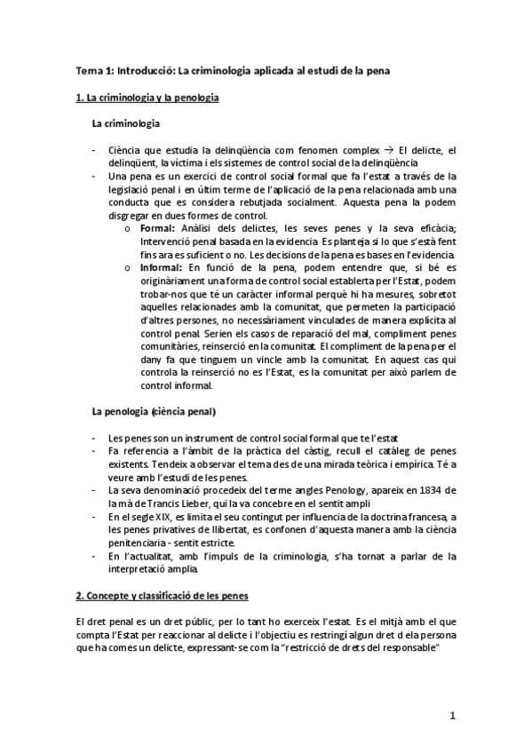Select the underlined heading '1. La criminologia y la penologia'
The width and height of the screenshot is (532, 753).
pyautogui.click(x=147, y=97)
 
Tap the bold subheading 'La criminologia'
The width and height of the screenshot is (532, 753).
pyautogui.click(x=126, y=124)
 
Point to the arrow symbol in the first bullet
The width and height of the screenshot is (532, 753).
pyautogui.click(x=387, y=151)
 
